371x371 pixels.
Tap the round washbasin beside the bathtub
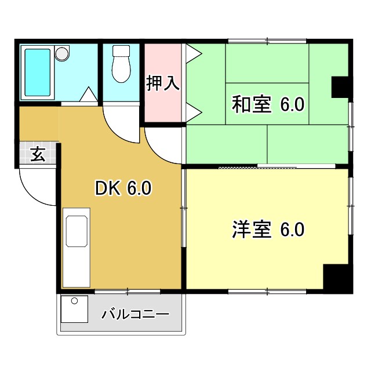tap(61, 54)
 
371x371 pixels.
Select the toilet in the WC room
tap(121, 64)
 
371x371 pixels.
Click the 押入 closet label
tap(162, 83)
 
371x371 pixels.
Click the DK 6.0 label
tap(123, 188)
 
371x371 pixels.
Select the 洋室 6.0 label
tap(268, 230)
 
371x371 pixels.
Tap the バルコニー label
tap(135, 315)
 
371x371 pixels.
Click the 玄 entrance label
tap(38, 155)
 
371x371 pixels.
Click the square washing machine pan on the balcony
tap(74, 309)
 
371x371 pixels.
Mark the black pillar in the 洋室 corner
tap(337, 278)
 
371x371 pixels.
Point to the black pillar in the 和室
tap(340, 87)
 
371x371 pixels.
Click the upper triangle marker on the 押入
tap(194, 54)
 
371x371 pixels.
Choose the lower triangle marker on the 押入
tap(194, 108)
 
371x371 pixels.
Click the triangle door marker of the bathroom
tap(88, 94)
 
